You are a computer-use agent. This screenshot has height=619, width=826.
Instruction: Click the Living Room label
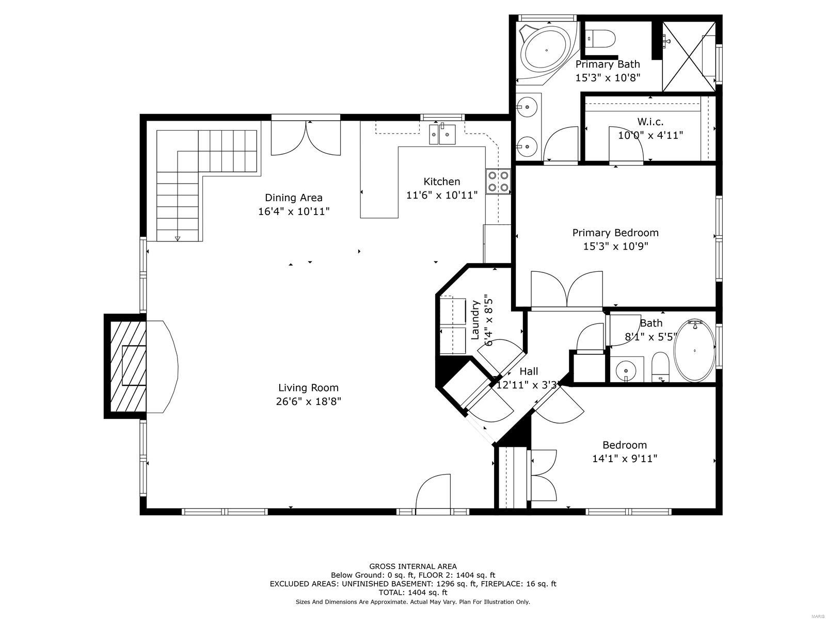308,387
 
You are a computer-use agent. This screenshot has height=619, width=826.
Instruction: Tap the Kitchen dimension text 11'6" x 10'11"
442,195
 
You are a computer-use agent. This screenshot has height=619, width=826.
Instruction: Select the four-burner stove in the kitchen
498,182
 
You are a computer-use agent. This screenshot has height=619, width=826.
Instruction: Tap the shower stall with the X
689,56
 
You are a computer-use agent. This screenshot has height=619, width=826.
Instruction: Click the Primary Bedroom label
615,233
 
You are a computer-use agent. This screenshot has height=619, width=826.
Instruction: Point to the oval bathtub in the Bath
694,351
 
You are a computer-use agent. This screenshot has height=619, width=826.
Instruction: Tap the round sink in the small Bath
626,370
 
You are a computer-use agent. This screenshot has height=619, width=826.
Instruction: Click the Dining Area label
294,198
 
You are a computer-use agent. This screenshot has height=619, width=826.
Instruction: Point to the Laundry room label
475,320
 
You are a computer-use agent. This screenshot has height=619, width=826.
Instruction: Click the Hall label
529,371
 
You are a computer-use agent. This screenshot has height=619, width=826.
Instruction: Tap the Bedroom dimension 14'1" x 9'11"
625,459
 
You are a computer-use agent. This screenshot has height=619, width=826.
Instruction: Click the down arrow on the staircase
178,238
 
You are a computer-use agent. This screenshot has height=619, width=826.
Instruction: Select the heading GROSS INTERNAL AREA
413,566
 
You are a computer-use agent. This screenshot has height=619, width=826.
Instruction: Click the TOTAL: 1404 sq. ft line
413,592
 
